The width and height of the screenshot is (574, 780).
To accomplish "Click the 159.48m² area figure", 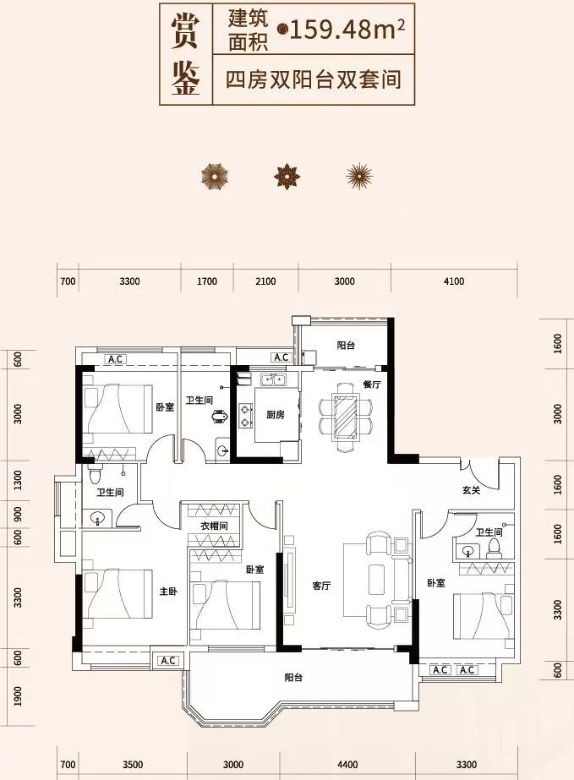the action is click(x=347, y=30).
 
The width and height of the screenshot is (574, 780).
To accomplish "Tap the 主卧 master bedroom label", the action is click(x=168, y=592).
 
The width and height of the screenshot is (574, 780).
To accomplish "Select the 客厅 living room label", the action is click(x=321, y=586).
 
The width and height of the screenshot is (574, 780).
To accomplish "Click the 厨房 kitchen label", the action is click(x=276, y=414).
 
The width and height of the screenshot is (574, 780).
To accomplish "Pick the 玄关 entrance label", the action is click(x=471, y=490).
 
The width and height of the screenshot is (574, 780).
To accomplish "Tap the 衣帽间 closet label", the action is click(x=215, y=526).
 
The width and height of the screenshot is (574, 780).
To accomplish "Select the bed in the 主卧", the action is click(x=118, y=594).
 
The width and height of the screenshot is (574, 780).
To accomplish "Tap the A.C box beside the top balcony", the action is click(x=282, y=357).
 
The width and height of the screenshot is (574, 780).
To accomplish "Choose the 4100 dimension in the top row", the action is click(x=453, y=281).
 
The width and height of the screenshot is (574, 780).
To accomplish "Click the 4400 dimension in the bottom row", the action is click(x=347, y=765).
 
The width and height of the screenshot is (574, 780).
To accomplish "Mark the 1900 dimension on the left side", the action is click(x=19, y=696).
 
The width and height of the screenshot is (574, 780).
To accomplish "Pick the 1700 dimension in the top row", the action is click(x=206, y=281).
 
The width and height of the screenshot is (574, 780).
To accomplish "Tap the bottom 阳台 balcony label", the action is click(x=293, y=678).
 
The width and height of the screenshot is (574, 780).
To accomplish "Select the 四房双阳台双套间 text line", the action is click(x=314, y=80).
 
